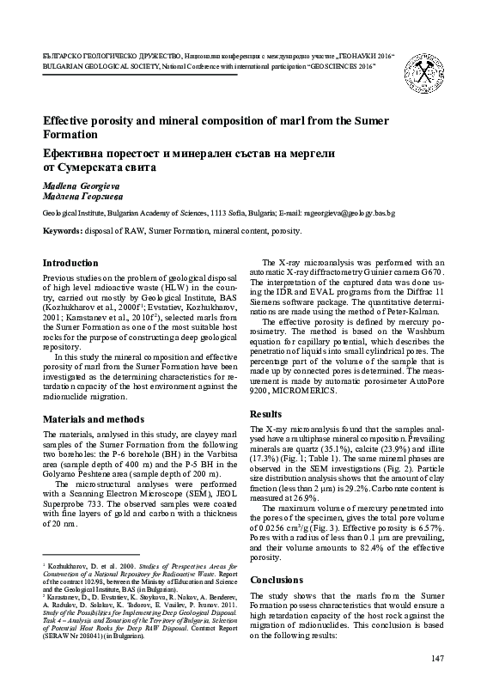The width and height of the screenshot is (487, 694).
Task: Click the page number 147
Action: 435,658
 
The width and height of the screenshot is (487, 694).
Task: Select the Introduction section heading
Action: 70,263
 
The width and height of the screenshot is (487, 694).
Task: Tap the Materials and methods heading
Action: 94,419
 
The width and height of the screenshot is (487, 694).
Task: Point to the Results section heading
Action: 266,414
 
